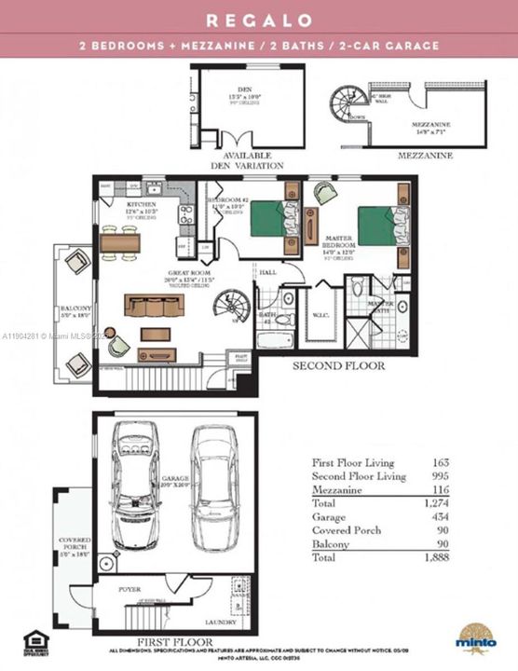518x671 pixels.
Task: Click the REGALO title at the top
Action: [258, 19]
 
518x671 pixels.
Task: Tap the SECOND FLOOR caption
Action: [338, 366]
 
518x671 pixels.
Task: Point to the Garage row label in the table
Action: [330, 516]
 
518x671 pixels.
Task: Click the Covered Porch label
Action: [74, 543]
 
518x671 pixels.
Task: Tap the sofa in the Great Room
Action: [155, 307]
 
